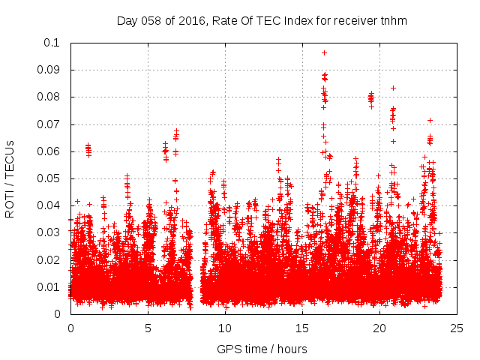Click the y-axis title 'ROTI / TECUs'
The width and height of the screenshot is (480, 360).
10,178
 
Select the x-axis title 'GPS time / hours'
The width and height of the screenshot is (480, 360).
262,349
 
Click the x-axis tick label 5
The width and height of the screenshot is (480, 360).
148,328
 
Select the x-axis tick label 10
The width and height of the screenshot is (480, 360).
225,328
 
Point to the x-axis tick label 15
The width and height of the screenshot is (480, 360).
302,328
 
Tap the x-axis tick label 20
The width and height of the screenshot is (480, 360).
379,328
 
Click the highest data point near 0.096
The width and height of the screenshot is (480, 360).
324,52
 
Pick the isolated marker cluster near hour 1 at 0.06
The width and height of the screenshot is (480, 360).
88,148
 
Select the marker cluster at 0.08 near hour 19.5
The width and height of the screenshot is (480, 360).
371,97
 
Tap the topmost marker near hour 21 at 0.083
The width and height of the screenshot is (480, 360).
393,88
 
